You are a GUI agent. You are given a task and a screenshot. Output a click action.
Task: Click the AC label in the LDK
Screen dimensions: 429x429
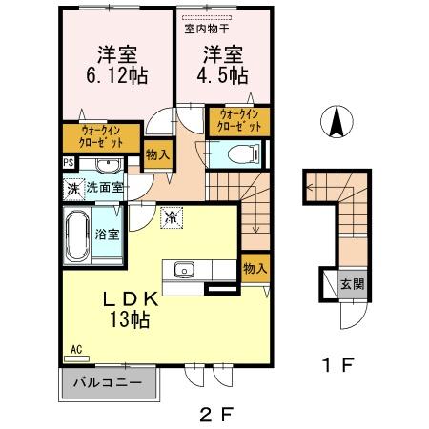tap(75, 350)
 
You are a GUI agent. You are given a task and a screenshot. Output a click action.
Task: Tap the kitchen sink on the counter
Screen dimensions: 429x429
tap(184, 268)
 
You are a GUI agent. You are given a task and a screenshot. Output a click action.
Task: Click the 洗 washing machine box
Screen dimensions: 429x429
tap(73, 188)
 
